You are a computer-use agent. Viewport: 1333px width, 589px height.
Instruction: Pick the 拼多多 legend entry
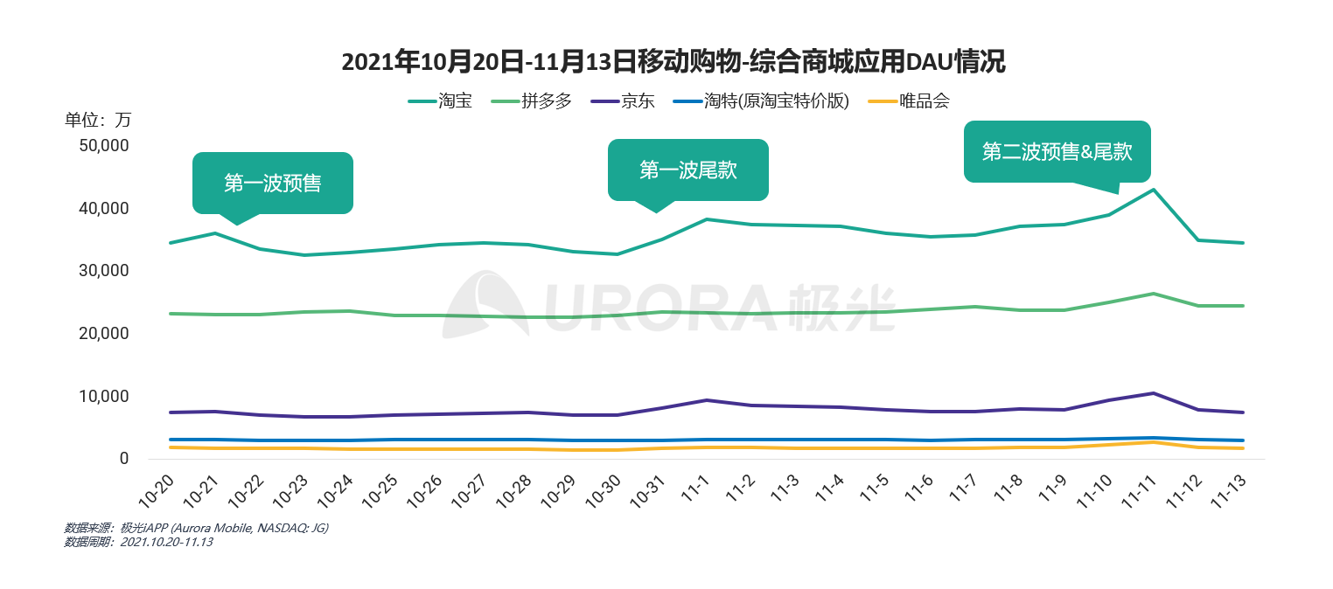click(x=533, y=101)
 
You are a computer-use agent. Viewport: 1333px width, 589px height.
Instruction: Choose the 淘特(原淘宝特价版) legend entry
click(x=761, y=101)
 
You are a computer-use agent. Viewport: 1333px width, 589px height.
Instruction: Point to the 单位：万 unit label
click(x=98, y=121)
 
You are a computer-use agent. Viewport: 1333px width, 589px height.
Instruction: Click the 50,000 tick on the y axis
click(x=104, y=146)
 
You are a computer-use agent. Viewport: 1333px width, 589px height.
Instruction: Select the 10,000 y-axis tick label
click(x=104, y=397)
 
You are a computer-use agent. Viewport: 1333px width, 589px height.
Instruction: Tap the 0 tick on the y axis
click(x=124, y=459)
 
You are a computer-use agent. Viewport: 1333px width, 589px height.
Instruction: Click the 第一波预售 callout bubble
click(x=272, y=184)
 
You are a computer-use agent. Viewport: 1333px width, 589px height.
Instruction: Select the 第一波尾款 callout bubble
click(x=687, y=170)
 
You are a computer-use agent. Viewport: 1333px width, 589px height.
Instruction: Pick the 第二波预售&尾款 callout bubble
click(x=1057, y=152)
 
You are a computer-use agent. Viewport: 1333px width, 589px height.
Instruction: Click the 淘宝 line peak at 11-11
click(x=1154, y=190)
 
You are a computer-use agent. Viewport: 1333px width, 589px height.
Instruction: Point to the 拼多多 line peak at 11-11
click(x=1154, y=294)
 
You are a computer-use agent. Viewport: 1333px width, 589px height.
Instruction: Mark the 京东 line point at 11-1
click(x=707, y=400)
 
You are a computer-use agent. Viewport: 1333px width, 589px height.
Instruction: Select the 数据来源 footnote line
click(x=196, y=528)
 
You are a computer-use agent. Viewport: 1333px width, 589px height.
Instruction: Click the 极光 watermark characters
click(x=841, y=308)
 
